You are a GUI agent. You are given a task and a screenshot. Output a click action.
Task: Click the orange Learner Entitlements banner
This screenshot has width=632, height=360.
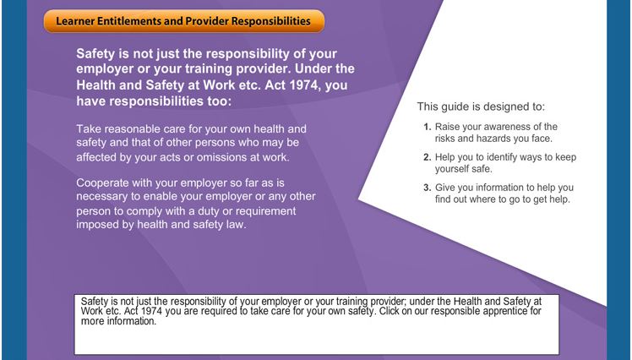click(184, 21)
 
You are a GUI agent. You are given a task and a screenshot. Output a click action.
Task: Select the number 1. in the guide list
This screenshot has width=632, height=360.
click(428, 127)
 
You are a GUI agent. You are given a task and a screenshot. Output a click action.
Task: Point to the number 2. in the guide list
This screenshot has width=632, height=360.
click(428, 157)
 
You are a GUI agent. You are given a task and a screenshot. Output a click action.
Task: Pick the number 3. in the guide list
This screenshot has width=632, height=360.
click(428, 188)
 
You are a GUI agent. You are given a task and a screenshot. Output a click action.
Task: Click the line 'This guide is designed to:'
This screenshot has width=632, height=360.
click(481, 106)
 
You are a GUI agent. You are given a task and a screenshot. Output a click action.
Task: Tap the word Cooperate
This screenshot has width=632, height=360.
click(102, 183)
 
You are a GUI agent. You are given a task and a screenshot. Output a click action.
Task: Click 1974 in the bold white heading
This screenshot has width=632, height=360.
click(305, 85)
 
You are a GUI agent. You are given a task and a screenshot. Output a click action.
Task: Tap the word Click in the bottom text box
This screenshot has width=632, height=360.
click(388, 311)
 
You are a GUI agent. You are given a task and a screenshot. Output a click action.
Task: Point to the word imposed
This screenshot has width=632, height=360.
click(97, 225)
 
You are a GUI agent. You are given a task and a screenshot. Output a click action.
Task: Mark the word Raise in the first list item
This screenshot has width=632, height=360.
click(447, 127)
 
